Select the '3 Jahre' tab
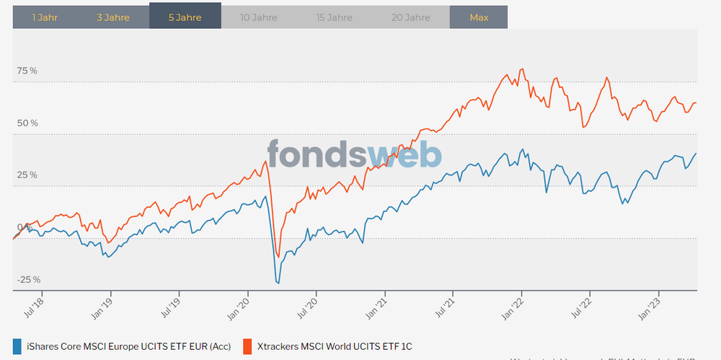[x=113, y=17]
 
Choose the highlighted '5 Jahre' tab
[x=185, y=17]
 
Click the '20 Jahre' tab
[x=410, y=17]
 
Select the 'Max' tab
[x=478, y=17]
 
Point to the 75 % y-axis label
[x=27, y=71]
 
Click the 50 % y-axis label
[x=27, y=123]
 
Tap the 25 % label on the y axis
[x=27, y=175]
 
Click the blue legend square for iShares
[x=17, y=346]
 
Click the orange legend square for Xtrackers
[x=247, y=346]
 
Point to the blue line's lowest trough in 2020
[x=278, y=283]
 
